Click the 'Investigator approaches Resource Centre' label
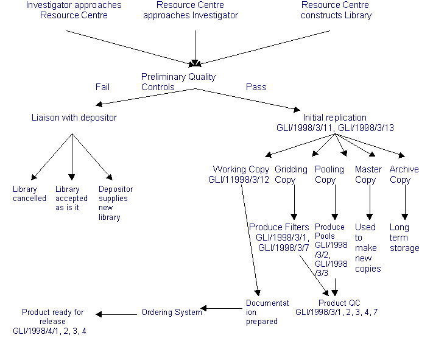point(73,10)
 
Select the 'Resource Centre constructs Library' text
point(336,10)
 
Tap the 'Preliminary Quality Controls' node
point(178,82)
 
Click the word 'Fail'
point(102,87)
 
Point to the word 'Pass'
point(256,87)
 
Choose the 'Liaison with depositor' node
point(74,117)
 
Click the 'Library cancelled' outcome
point(29,194)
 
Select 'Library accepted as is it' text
point(71,199)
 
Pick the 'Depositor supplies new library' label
point(115,203)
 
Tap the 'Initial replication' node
point(335,117)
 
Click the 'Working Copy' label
point(241,169)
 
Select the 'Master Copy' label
point(368,174)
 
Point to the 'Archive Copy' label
point(404,174)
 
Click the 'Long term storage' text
point(404,238)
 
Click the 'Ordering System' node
point(171,312)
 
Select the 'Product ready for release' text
point(53,312)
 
